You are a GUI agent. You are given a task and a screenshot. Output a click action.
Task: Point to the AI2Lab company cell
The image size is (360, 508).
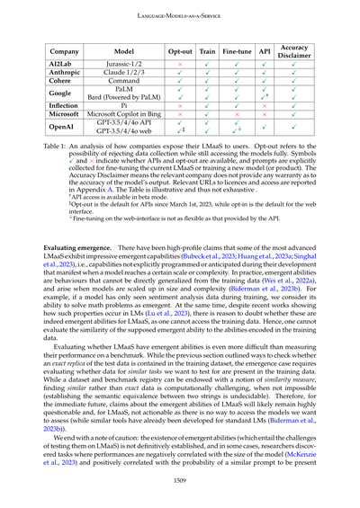[x=65, y=67]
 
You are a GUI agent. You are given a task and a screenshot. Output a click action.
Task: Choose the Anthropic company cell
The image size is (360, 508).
[x=65, y=76]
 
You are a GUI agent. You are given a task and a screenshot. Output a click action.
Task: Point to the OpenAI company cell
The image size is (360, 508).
[x=65, y=137]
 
